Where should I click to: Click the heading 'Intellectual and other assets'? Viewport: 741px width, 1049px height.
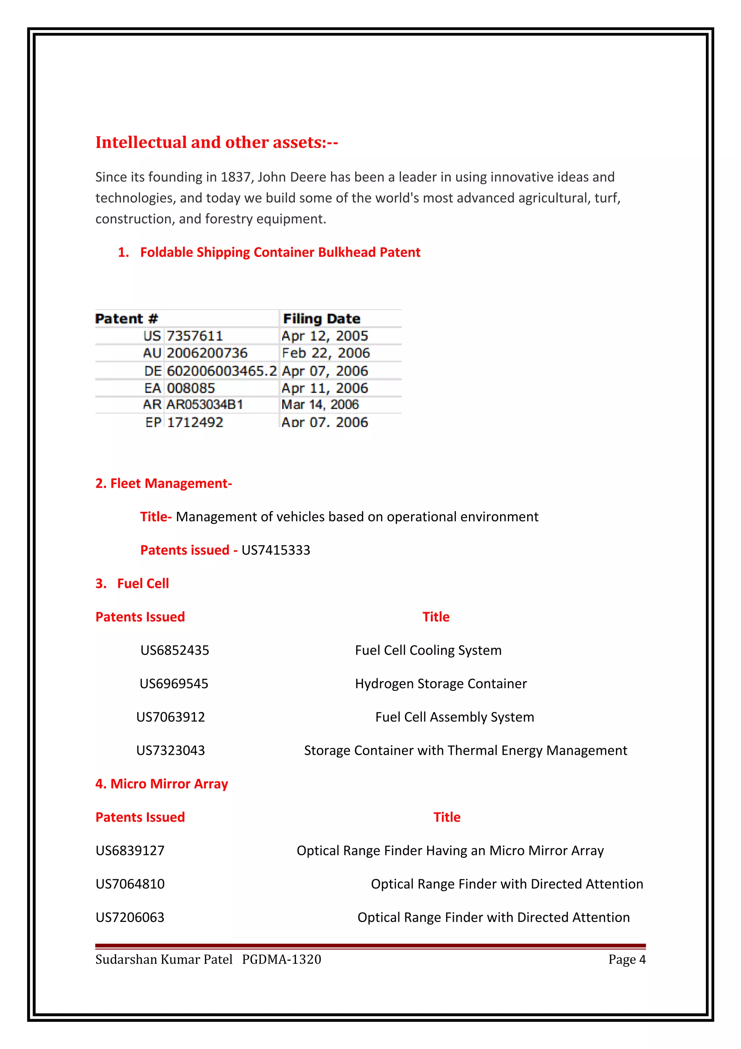tap(216, 143)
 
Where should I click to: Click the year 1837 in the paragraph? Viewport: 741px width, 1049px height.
tap(236, 177)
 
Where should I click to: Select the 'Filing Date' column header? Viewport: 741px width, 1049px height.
tap(321, 319)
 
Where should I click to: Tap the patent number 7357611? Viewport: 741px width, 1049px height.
tap(195, 336)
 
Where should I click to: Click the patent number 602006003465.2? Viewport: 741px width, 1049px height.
tap(221, 371)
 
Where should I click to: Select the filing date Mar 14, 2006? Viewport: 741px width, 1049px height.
tap(320, 405)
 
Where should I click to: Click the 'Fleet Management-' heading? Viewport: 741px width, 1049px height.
tap(164, 483)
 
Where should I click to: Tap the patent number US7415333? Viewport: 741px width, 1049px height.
tap(276, 550)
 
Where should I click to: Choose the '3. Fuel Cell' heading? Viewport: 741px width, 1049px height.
tap(132, 584)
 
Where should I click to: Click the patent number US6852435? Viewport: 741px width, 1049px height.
tap(175, 650)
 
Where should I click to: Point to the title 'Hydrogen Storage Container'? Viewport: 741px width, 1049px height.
tap(441, 683)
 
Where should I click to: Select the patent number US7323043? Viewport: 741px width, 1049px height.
tap(171, 750)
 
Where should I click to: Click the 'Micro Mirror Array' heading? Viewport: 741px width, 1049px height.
tap(162, 784)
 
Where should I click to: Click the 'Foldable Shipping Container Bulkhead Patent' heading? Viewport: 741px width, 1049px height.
tap(280, 252)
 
